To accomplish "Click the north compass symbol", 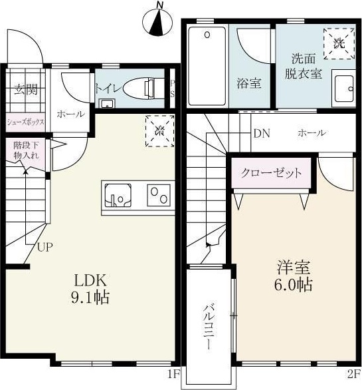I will coord(157,21).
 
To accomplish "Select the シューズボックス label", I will coord(26,122).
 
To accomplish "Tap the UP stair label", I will coord(45,248).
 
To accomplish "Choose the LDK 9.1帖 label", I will coord(91,288).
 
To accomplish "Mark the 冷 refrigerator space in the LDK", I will coord(159,130).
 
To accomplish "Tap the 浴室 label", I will coord(250,83).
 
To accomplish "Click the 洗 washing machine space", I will coord(338,44).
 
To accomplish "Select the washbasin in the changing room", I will coord(343,89).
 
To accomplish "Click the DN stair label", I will coord(261,133).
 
